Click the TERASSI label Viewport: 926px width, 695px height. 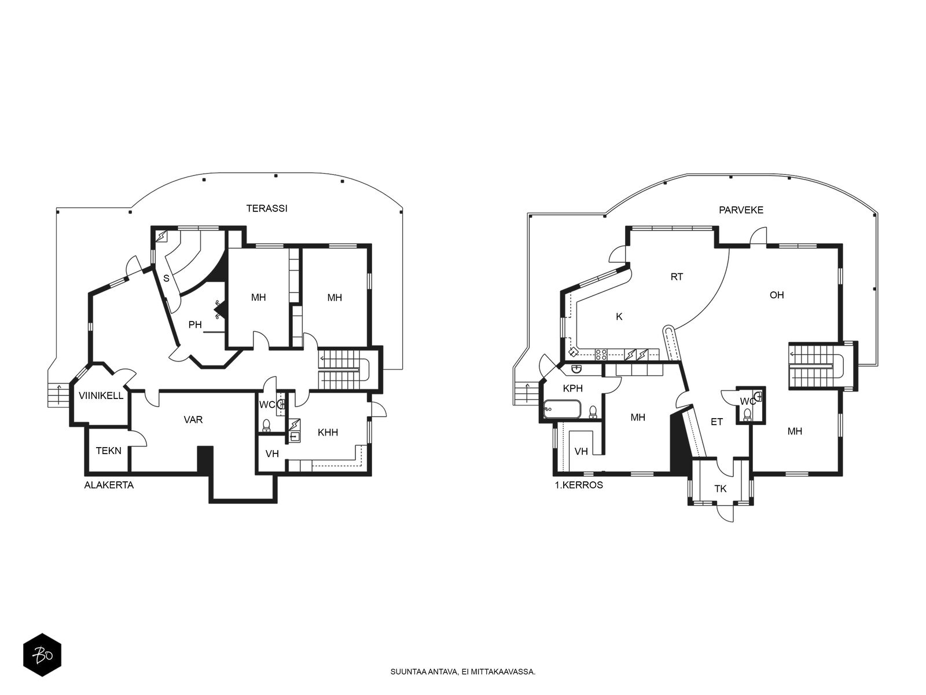tap(267, 208)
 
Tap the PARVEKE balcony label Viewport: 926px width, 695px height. tap(741, 210)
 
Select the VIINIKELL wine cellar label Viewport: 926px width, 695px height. tap(101, 396)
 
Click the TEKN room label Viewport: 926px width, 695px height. tap(108, 451)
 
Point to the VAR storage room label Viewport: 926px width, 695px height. tap(193, 419)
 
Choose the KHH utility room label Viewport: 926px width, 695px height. tap(328, 432)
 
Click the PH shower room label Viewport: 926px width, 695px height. tap(195, 324)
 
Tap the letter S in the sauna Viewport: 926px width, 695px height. tap(166, 278)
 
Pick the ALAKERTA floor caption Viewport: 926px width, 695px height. tap(109, 485)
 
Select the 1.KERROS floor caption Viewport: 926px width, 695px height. tap(579, 485)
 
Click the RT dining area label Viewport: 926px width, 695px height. tap(677, 277)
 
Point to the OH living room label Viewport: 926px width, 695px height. tap(777, 295)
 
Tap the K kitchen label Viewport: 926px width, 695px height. tap(619, 316)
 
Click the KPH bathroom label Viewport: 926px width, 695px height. tap(572, 388)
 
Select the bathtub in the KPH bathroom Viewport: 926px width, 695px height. tap(563, 409)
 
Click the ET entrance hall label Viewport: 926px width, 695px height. tap(716, 422)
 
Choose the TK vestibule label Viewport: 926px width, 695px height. tap(720, 489)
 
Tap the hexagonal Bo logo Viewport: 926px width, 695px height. tap(42, 655)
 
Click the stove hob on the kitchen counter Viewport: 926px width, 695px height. tap(601, 354)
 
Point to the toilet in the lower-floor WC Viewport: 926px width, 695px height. tap(267, 426)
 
